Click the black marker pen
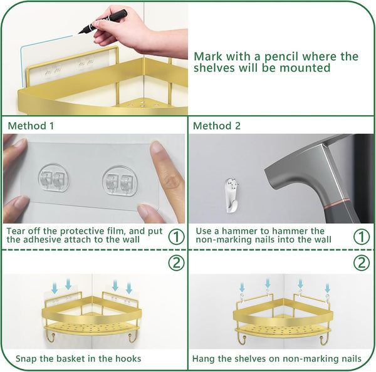[103, 21]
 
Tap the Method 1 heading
[31, 126]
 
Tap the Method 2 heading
[217, 126]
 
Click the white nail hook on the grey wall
[232, 195]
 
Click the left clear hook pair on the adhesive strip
[53, 178]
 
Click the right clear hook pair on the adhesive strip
[120, 180]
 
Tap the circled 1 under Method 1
[177, 237]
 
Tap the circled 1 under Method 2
[362, 237]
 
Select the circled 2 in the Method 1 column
[177, 262]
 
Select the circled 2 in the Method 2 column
[362, 262]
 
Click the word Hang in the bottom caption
[204, 359]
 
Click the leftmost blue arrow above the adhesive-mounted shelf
[55, 288]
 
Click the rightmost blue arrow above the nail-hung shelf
[327, 287]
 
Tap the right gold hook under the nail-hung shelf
[323, 340]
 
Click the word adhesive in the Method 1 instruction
[41, 239]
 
